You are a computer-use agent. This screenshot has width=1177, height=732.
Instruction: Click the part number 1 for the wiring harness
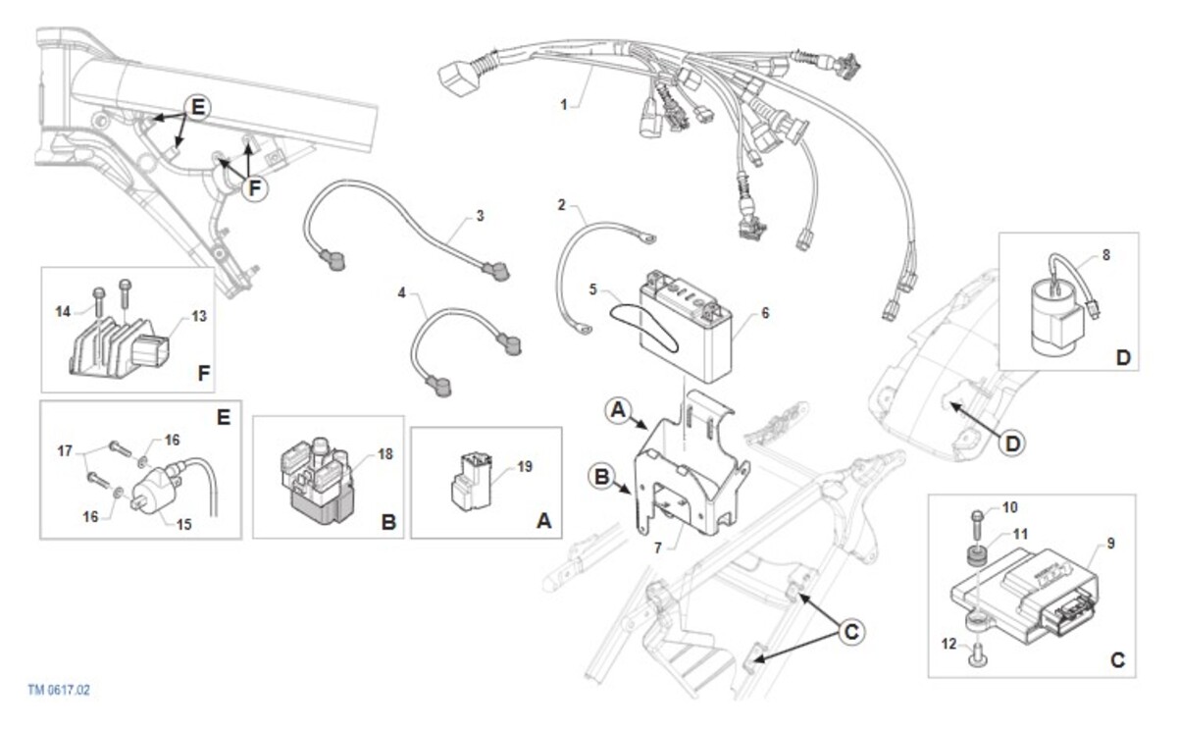563,105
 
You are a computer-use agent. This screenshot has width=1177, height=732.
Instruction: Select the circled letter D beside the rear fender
1012,444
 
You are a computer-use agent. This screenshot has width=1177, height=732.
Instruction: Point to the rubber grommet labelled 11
976,556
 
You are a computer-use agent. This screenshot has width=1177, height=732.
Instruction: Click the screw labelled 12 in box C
977,654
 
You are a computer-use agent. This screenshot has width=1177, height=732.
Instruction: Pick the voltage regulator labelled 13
119,346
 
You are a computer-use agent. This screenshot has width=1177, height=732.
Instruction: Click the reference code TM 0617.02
59,690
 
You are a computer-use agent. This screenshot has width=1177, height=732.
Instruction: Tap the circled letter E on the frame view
197,107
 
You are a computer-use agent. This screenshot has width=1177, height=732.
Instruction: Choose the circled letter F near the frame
255,187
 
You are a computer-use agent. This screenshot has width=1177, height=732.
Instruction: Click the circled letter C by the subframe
851,631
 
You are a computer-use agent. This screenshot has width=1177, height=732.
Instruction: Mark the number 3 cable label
480,216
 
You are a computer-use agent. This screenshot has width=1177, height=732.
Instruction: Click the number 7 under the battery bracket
658,549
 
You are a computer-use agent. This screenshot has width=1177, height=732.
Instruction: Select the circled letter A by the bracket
618,410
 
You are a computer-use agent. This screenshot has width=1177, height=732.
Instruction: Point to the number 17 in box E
65,450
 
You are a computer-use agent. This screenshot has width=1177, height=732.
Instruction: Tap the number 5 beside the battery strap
592,289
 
